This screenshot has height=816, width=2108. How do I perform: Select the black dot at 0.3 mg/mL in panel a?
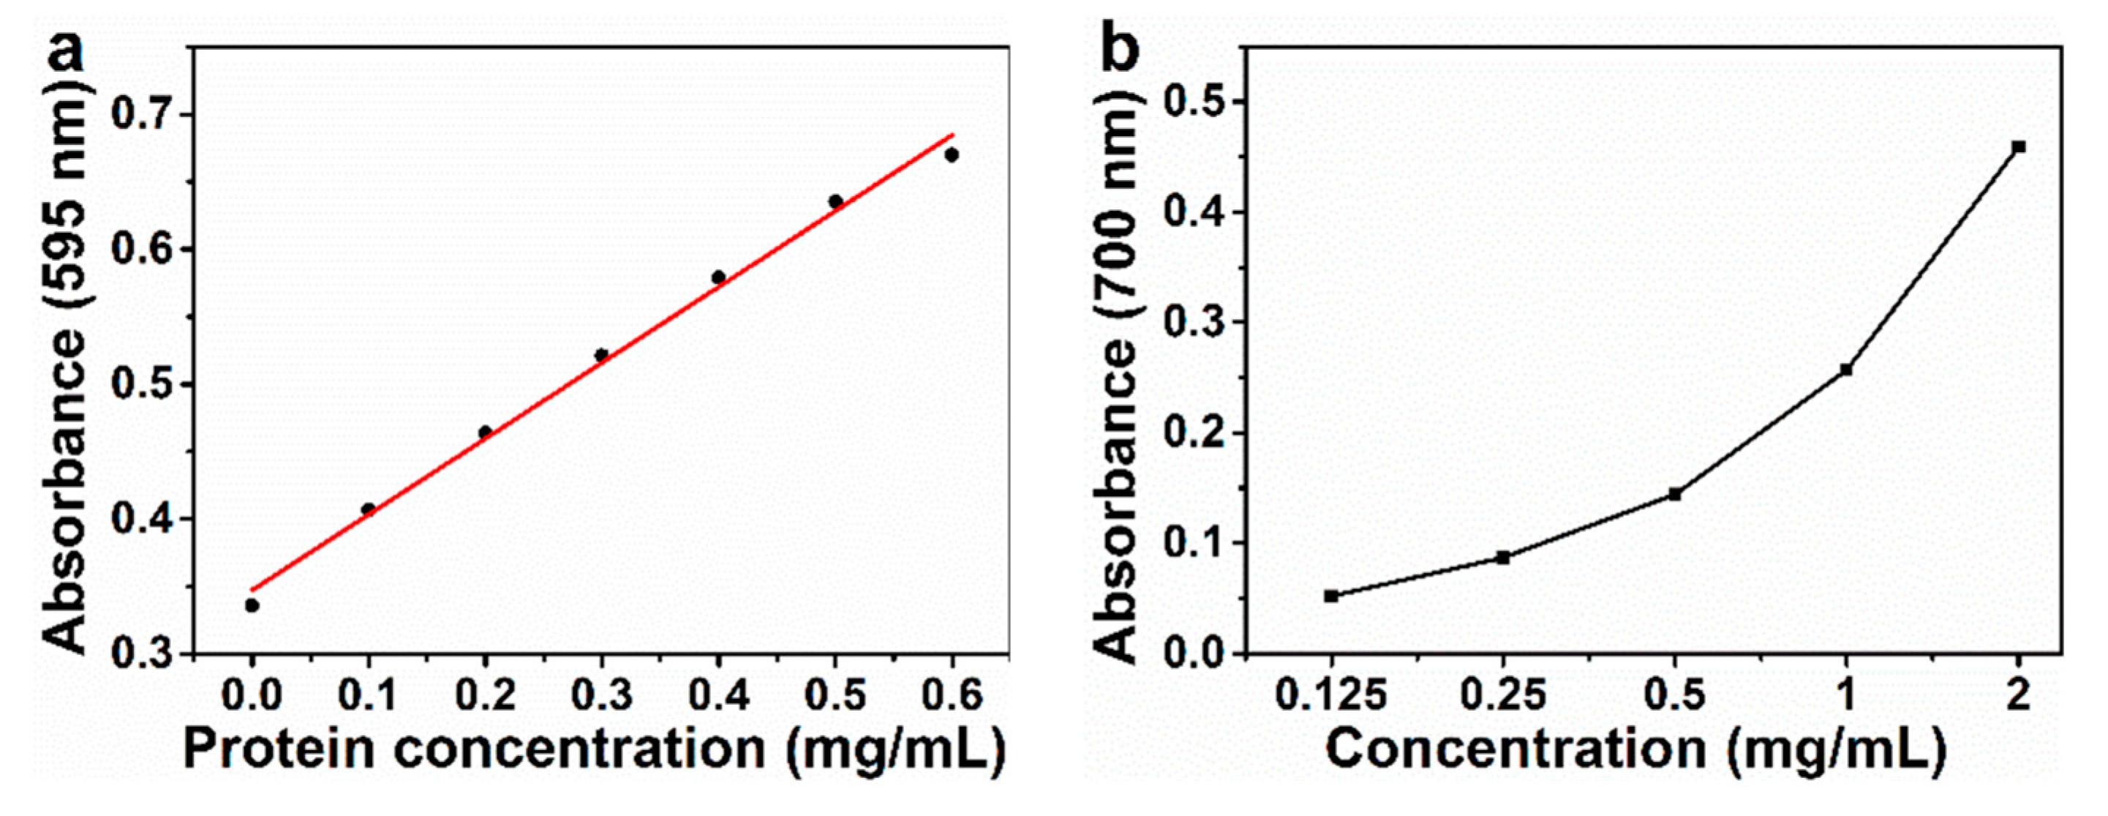point(601,355)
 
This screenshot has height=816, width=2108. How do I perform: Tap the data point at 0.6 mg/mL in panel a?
point(951,154)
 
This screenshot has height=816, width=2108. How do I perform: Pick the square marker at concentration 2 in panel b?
point(2019,146)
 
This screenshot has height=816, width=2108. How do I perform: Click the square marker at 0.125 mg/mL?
point(1331,596)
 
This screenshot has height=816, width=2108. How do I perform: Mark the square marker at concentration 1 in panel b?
point(1846,370)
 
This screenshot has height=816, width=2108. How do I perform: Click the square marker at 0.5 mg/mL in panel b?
point(1674,494)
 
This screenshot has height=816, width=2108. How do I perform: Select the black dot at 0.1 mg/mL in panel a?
point(368,510)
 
